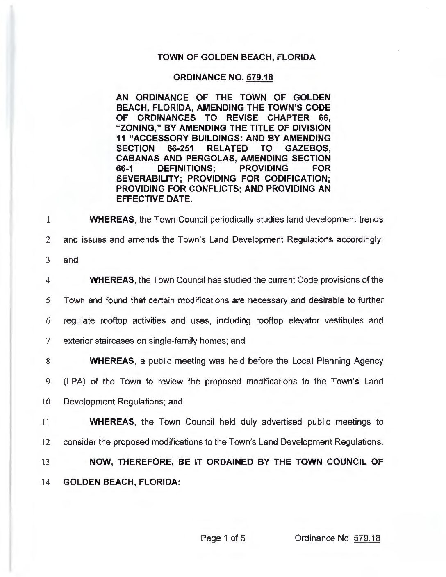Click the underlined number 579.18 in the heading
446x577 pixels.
click(x=258, y=77)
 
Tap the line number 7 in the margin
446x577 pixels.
click(x=48, y=341)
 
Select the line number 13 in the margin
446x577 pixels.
click(x=46, y=463)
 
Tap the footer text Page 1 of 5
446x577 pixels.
click(x=223, y=538)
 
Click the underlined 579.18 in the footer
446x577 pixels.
click(x=366, y=538)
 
